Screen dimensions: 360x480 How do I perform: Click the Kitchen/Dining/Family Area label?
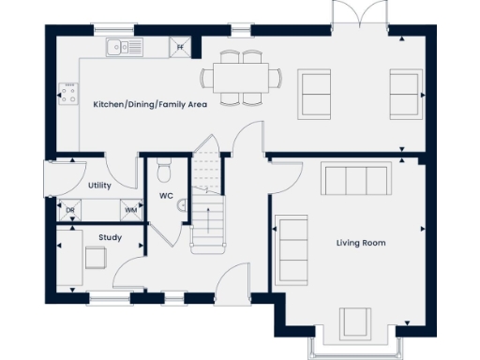(x=150, y=104)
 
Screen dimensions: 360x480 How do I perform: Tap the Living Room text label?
(x=361, y=243)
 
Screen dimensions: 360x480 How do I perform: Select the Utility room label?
(x=100, y=186)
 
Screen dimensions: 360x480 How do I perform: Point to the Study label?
(x=110, y=237)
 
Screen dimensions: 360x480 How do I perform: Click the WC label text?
(x=165, y=196)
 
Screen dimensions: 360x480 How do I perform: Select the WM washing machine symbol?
(x=130, y=210)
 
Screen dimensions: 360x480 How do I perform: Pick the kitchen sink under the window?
(x=124, y=45)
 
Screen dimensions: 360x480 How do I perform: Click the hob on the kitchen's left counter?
(x=67, y=93)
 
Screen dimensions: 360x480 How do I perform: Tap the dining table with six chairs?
(x=242, y=77)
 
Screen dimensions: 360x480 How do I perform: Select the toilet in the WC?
(x=164, y=172)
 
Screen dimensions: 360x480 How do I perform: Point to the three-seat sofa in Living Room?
(x=354, y=177)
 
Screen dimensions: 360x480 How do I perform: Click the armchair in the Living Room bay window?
(x=355, y=322)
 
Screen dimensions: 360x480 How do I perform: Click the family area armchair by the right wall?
(x=406, y=93)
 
